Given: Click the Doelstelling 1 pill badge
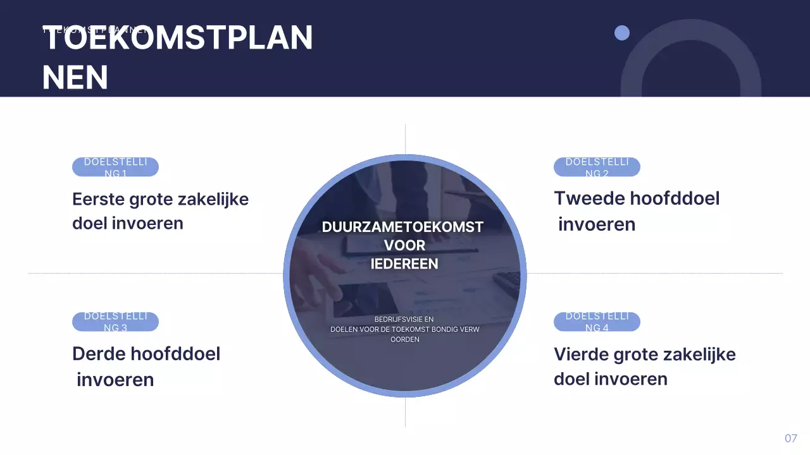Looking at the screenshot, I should [115, 167].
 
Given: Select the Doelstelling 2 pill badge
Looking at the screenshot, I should [597, 167].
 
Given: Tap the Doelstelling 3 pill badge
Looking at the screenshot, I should [115, 322].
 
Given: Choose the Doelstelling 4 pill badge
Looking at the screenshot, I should [597, 322].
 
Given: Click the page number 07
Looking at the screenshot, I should [791, 438].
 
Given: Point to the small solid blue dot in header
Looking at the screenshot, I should [622, 33].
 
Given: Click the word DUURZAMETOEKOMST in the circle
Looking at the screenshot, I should [402, 227].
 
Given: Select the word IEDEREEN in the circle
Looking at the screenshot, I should [404, 264].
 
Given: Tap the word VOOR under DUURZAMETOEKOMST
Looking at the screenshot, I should [404, 245].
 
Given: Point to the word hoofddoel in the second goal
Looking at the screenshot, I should [675, 198].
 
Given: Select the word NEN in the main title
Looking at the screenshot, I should [75, 77].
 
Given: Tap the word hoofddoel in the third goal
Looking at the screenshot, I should [175, 353].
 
